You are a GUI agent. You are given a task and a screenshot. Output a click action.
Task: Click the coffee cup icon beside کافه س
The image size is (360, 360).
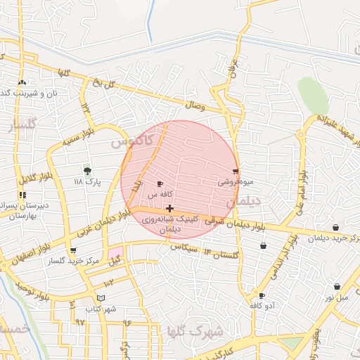coord(160,184)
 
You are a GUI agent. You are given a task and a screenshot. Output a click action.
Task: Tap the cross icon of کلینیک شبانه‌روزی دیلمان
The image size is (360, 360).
coord(169,208)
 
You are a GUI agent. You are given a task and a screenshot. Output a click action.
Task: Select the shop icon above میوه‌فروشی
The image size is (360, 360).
coord(236,171)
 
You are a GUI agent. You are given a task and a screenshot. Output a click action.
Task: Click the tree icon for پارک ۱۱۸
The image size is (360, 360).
coord(87,171)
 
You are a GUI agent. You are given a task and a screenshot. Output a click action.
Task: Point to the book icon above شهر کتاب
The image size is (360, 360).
coord(101,298)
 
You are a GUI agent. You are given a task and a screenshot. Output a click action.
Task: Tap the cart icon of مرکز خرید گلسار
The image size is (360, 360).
coord(73,250)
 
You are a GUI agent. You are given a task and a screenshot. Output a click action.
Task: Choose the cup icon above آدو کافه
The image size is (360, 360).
coord(262,295)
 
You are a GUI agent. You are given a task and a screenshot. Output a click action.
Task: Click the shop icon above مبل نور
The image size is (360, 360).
coord(337,287)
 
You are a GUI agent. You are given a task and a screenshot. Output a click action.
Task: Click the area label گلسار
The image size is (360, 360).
coord(22,126)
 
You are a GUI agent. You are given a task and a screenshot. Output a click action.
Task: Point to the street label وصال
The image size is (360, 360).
coord(195,105)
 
